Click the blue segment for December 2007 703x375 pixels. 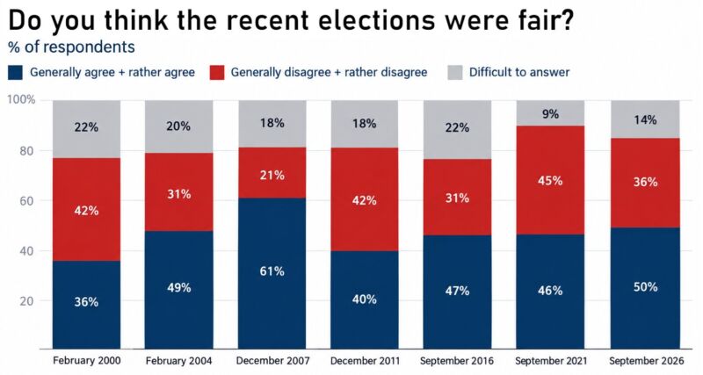[272, 273]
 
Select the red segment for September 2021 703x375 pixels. [551, 180]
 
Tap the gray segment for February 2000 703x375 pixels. [86, 129]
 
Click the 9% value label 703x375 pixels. [551, 114]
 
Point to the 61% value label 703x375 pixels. [272, 271]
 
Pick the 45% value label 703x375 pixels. [551, 181]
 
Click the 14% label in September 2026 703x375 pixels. [646, 119]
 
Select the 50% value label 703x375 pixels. [646, 286]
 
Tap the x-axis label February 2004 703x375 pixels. [179, 361]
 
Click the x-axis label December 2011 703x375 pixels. [365, 361]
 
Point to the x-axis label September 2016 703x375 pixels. [457, 361]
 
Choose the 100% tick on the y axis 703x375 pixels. [21, 99]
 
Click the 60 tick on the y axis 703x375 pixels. [27, 201]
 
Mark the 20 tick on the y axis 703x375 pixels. [27, 301]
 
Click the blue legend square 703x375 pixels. [15, 73]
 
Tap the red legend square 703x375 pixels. [217, 73]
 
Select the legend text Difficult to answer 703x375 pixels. [519, 72]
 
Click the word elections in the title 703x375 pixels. [356, 20]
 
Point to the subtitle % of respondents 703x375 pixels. [71, 47]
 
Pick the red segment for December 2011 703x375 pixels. [365, 199]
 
